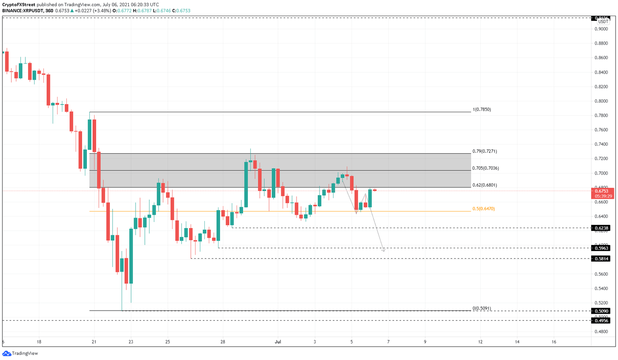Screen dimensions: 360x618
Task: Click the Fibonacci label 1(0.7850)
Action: [482, 109]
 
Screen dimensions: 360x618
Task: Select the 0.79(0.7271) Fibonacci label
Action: [484, 152]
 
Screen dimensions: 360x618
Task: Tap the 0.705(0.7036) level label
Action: [485, 168]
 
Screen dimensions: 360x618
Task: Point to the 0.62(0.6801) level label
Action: [484, 185]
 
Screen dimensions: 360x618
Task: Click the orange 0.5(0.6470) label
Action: [483, 209]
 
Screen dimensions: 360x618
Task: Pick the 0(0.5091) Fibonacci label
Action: [482, 309]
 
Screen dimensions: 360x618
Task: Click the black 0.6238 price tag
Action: [602, 228]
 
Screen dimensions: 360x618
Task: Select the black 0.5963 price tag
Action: [602, 248]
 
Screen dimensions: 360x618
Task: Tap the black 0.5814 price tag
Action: [602, 259]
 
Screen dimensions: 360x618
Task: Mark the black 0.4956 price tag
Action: [602, 321]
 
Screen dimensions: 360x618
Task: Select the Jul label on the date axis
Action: [278, 342]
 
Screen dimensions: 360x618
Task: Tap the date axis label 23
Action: [131, 342]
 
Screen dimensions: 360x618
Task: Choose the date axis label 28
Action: [222, 342]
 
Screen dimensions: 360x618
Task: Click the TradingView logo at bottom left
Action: [20, 353]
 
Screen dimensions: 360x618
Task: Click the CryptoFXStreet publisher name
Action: [19, 5]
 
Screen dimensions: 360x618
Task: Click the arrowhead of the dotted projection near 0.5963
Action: [383, 250]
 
